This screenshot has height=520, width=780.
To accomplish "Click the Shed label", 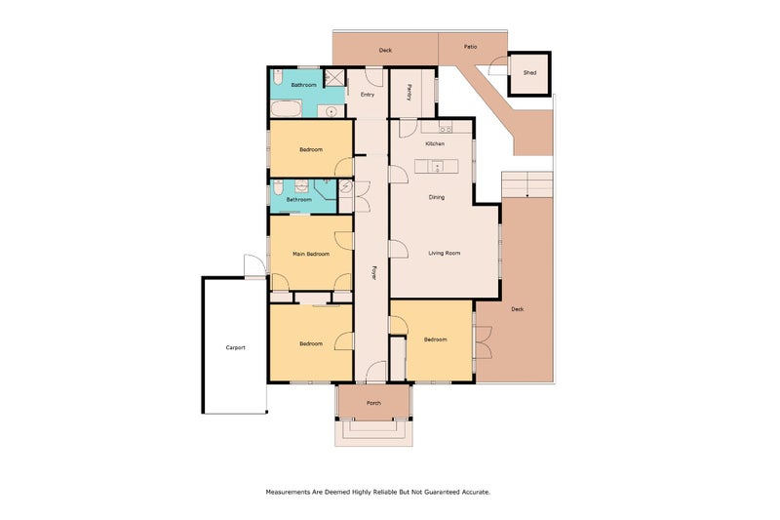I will tap(529, 73).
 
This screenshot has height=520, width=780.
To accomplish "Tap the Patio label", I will tap(471, 46).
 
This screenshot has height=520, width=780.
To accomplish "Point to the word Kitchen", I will tap(435, 143).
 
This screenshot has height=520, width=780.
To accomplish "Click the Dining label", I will tap(437, 197).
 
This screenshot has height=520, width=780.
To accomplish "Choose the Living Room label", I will tap(444, 254).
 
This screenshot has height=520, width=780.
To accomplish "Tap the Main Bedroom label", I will tap(311, 254).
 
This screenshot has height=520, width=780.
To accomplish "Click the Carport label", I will tap(235, 347).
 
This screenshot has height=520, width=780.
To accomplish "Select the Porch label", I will tap(373, 403).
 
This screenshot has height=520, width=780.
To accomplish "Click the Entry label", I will tap(368, 95).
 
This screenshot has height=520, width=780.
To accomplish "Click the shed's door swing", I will tap(498, 66).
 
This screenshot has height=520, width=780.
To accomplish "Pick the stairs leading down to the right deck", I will tap(526, 183).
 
